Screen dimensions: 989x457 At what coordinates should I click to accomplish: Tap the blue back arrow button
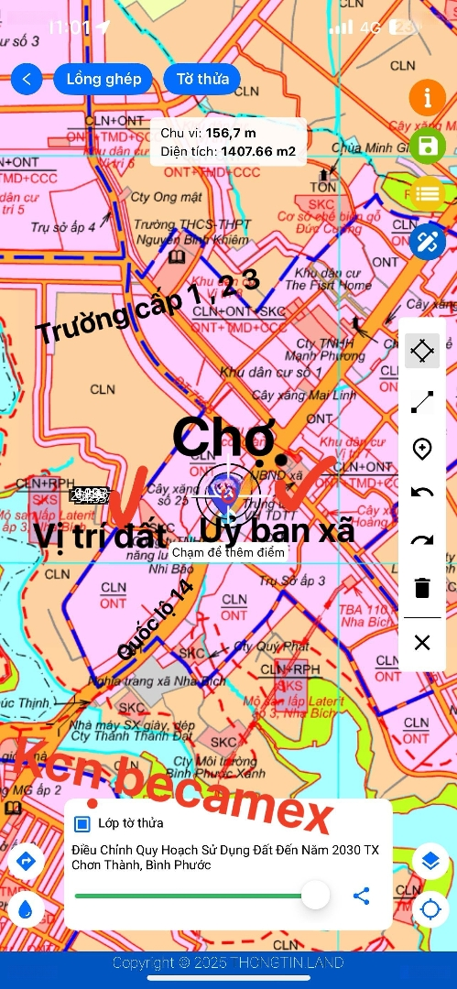(27, 79)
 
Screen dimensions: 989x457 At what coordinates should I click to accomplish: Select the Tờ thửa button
(201, 79)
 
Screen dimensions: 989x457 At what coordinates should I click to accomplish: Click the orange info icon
(427, 98)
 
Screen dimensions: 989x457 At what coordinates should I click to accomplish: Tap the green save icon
(427, 146)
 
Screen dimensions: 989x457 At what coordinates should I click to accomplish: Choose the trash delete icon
(421, 588)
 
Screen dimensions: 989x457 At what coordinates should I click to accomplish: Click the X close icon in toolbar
(421, 643)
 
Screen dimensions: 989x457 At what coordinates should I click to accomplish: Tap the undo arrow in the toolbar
(421, 494)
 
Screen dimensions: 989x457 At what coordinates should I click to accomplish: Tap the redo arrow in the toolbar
(421, 540)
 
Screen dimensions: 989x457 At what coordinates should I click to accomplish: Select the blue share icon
(362, 896)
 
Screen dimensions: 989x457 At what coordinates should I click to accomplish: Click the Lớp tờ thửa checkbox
(82, 823)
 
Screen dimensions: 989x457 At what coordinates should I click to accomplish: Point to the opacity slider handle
(315, 895)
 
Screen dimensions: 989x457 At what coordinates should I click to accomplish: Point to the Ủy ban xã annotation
(277, 530)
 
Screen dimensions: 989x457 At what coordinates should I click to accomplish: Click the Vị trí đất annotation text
(101, 535)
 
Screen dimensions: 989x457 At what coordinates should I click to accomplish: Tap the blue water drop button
(26, 907)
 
